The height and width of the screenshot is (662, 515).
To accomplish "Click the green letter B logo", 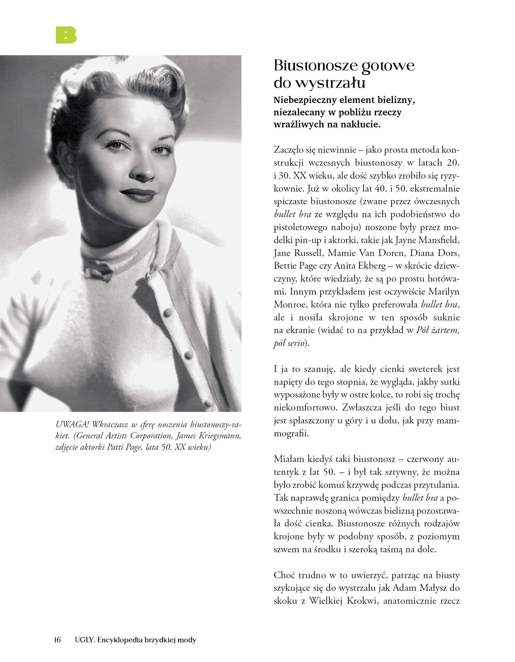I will (66, 35).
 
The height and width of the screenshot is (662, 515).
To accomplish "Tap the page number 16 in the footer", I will (57, 640).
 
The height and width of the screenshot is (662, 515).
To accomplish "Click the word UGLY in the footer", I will (85, 640).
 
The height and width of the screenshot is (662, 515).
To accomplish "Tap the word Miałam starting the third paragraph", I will (289, 459).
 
